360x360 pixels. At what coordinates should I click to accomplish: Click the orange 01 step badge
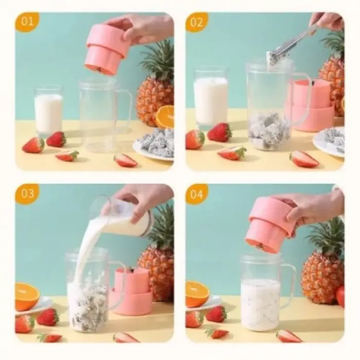27,23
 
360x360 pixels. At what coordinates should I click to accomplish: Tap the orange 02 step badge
196,23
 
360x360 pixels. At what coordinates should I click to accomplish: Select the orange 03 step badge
27,194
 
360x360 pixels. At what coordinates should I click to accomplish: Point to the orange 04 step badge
196,194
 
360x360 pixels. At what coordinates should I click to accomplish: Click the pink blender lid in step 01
107,49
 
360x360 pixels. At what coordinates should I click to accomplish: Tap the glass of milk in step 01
48,112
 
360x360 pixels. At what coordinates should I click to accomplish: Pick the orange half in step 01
165,117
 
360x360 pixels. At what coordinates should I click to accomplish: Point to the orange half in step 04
196,294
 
